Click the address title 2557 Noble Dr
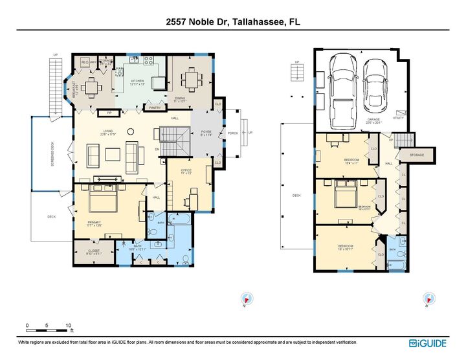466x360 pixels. click(232, 21)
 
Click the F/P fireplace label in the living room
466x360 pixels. click(107, 113)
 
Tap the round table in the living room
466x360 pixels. click(131, 131)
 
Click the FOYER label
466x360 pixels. click(206, 132)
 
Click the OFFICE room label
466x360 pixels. click(186, 172)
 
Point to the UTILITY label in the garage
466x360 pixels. click(398, 118)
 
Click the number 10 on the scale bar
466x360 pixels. click(67, 325)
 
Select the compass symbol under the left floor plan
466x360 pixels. click(246, 298)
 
